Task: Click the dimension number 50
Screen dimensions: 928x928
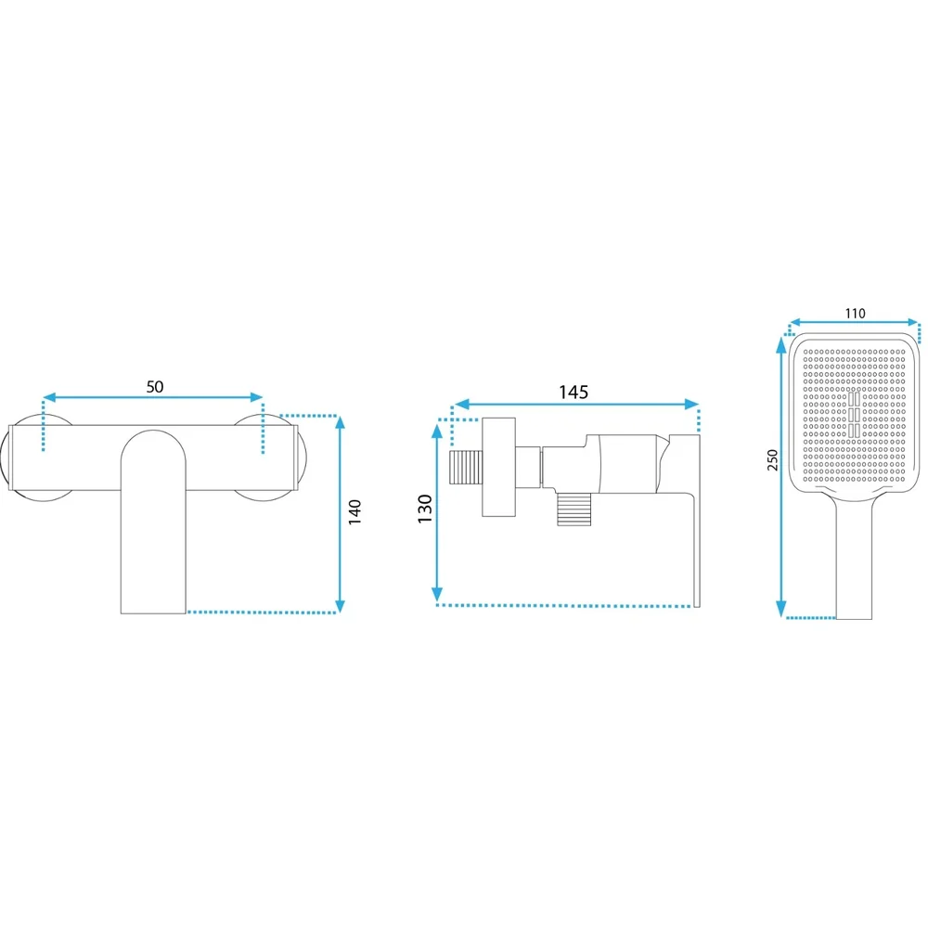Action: (154, 386)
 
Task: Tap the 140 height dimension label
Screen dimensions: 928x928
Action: (354, 512)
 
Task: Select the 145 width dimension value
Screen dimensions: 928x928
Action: (574, 393)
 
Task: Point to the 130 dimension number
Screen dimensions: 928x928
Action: (425, 509)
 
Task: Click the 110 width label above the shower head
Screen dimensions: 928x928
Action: (855, 314)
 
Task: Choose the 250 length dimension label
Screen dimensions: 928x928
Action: (772, 460)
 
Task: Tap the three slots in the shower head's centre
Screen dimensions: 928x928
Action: (854, 414)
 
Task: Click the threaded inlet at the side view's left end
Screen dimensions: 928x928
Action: (467, 468)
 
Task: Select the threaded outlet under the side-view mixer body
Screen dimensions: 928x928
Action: (574, 509)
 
